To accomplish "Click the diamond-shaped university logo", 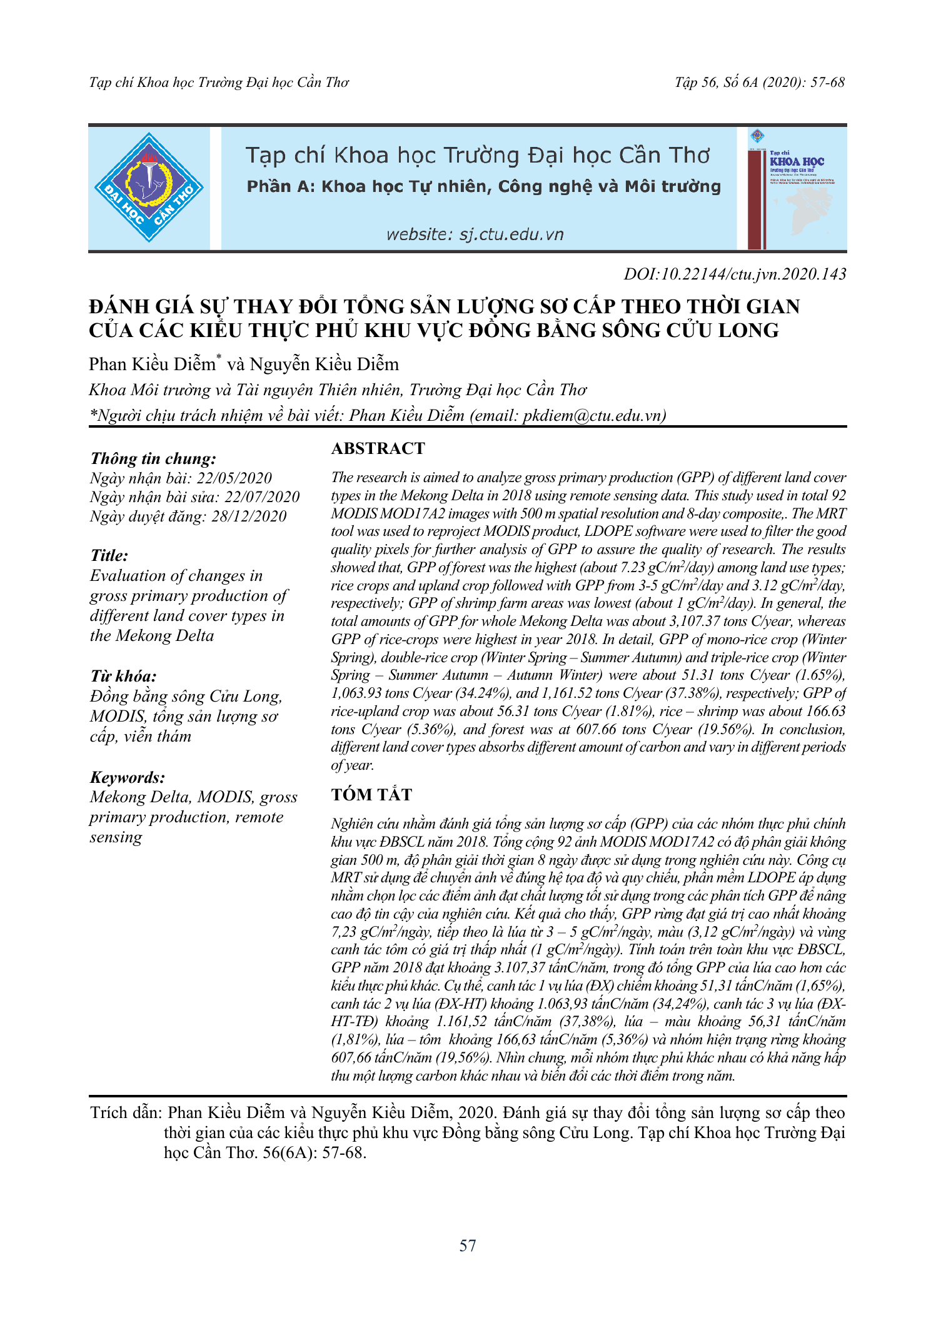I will (149, 188).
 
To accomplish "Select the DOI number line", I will (735, 274).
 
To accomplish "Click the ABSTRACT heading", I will (378, 448).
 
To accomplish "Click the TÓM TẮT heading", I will (371, 794).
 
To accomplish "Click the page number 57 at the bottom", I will (468, 1246).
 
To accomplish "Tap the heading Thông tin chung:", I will (153, 458).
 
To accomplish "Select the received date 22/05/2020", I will (234, 478).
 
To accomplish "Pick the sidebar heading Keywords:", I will (128, 777).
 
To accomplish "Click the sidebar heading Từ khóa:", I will (123, 676).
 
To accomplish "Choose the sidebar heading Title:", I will (109, 555).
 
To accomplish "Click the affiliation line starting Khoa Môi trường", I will (338, 390).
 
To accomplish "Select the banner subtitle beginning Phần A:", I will (483, 186).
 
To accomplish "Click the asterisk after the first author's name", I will (219, 357).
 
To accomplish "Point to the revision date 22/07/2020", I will (262, 497).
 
